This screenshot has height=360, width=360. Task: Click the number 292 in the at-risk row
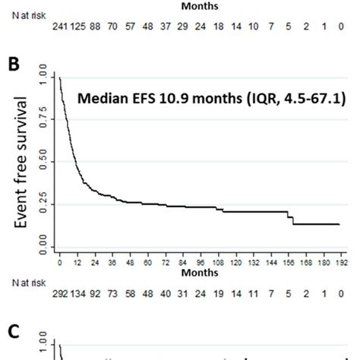(62, 291)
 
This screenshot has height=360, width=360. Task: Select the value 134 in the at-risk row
(82, 291)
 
